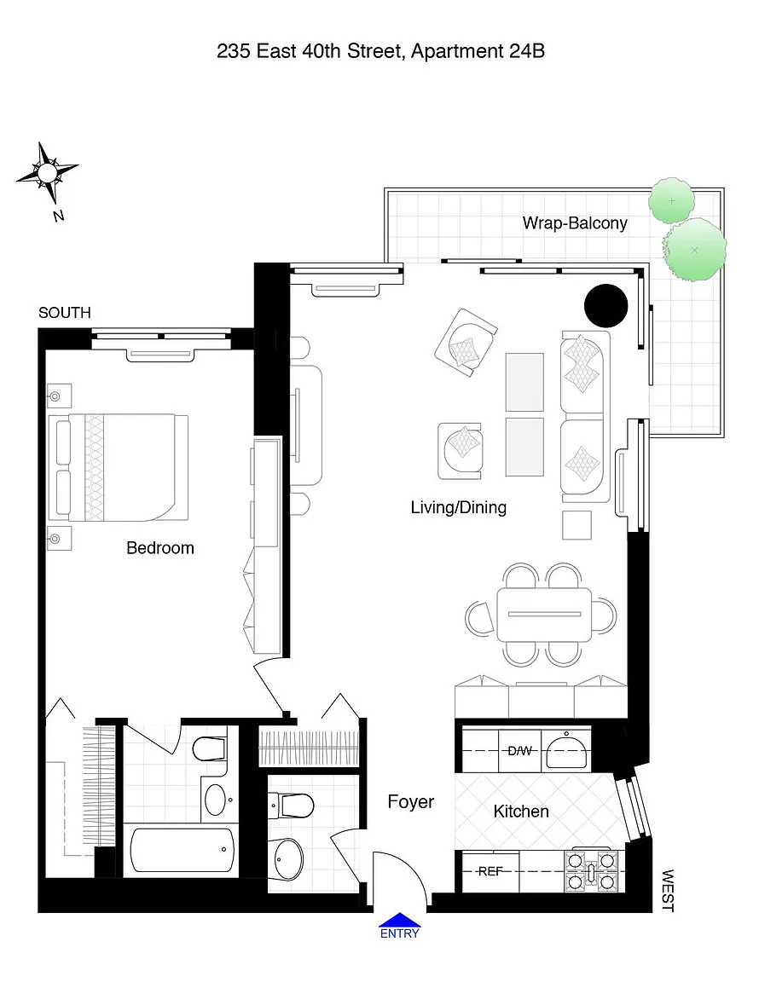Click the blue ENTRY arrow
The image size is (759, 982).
(400, 920)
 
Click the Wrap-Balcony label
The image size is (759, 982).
(575, 223)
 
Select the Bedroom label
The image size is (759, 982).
(159, 548)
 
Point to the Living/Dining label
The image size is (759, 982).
(458, 507)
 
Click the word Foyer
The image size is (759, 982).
(410, 801)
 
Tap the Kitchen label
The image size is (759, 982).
(521, 811)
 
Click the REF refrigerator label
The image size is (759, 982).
(490, 871)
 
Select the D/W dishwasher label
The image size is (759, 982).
(519, 750)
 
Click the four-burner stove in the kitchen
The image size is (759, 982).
(591, 870)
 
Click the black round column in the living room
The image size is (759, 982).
(606, 306)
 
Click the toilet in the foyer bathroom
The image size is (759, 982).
(292, 806)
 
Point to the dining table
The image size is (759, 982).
(544, 615)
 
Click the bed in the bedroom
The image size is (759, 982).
(119, 467)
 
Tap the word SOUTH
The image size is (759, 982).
(65, 313)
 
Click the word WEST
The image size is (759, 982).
(668, 891)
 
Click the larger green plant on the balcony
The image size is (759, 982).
(694, 250)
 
